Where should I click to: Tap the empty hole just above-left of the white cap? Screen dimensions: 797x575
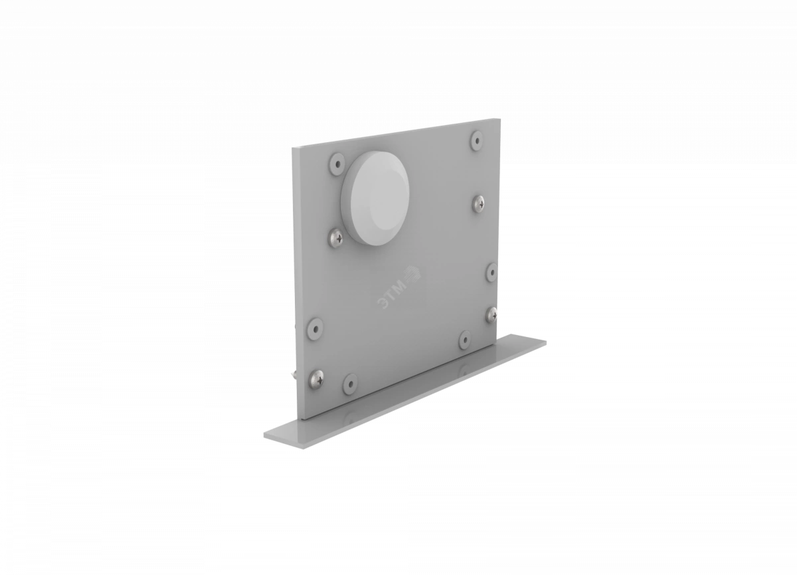click(337, 164)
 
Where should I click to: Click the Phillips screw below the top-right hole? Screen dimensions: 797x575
click(479, 204)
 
